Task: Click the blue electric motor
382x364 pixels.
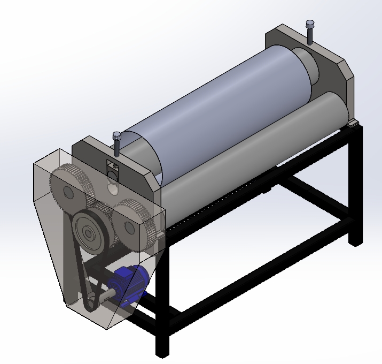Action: (128, 280)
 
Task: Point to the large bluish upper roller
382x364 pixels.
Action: (214, 102)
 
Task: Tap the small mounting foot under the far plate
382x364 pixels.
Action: (352, 124)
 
